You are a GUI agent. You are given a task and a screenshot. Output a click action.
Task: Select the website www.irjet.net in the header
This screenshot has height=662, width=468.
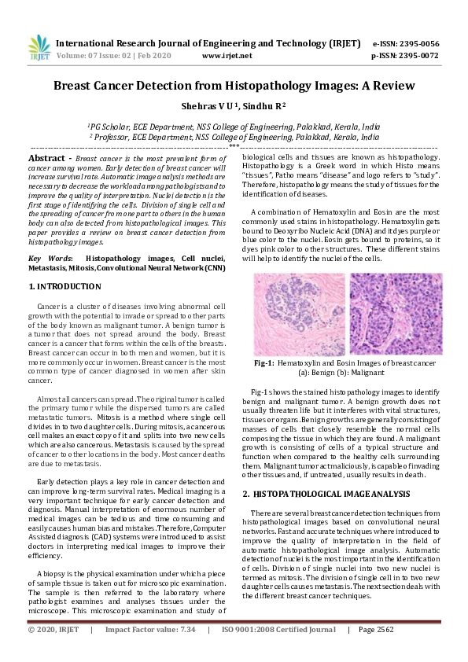[x=227, y=56]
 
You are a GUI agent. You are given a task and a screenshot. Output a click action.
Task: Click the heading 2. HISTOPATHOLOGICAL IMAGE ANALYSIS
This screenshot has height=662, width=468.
[x=326, y=494]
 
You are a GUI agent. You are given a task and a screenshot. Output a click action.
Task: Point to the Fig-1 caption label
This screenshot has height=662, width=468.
[x=263, y=363]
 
